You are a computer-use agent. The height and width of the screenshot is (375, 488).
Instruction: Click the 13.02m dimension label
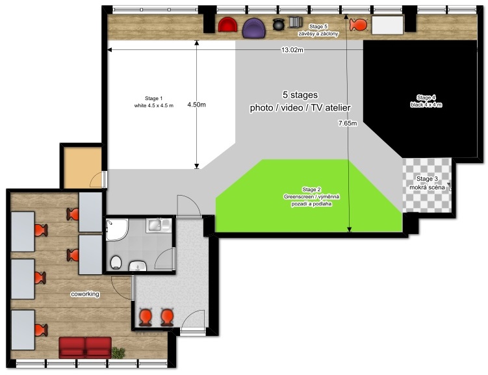point(292,50)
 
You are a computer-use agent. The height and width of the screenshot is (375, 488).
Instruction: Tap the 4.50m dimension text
point(196,105)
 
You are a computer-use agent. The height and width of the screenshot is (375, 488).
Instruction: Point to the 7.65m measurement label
point(348,123)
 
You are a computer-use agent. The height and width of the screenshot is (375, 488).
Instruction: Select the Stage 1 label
point(154,98)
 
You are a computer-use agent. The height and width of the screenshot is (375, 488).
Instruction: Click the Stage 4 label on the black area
point(426,97)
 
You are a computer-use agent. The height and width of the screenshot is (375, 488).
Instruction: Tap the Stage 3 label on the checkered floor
point(427,179)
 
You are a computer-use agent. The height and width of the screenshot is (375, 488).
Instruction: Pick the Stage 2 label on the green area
point(311,189)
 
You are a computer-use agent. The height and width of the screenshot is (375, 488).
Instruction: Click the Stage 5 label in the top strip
point(318,27)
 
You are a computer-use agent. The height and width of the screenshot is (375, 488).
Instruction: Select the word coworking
point(85,294)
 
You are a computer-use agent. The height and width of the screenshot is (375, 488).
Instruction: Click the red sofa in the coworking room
point(85,347)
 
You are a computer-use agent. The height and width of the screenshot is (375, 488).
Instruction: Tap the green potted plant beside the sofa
point(118,353)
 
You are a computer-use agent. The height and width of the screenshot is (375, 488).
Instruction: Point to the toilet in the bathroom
point(116,263)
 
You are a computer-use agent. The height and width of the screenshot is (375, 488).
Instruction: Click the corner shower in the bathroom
point(117,229)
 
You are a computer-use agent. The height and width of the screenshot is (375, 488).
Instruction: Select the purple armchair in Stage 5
point(254,28)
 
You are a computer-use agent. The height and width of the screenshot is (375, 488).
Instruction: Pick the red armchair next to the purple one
point(227,25)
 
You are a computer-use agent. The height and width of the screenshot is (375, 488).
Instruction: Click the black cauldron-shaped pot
point(279,24)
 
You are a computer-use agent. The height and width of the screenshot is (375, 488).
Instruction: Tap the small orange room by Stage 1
point(83,168)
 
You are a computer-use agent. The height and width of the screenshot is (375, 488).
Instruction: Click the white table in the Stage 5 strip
point(387,25)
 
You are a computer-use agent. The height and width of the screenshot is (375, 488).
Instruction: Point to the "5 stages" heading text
point(300,95)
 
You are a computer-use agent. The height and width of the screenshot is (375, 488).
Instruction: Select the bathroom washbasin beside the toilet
point(138,266)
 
